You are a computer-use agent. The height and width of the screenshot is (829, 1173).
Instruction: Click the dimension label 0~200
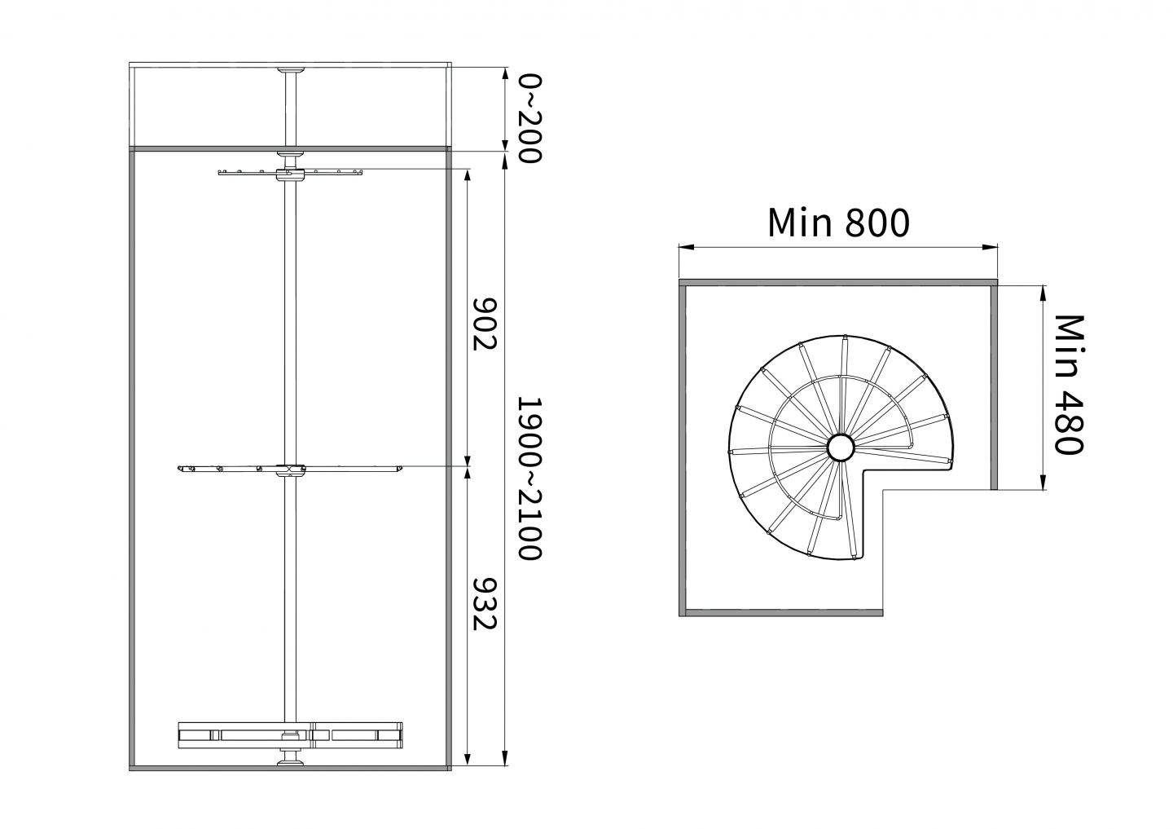[529, 118]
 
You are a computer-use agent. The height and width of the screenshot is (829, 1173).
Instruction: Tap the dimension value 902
[485, 324]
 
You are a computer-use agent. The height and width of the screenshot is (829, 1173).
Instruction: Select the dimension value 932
[485, 604]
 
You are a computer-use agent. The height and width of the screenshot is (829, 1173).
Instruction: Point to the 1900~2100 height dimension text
[529, 478]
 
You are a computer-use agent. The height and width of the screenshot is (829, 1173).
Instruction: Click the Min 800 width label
[838, 223]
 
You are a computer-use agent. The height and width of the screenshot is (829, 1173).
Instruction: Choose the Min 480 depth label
[1069, 385]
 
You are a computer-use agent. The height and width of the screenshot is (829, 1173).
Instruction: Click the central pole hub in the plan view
[841, 448]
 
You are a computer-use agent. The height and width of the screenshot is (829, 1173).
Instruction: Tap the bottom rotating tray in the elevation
[291, 735]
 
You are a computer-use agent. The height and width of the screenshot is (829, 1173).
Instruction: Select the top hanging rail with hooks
[291, 173]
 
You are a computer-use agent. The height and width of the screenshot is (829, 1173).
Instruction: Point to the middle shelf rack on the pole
[291, 468]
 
